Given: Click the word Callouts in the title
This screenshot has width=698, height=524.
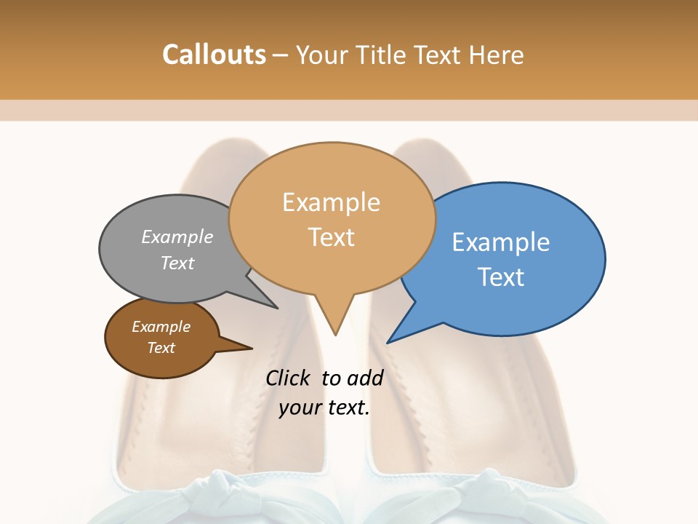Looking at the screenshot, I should click(x=214, y=55).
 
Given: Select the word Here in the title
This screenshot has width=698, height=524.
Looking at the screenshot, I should click(x=497, y=55).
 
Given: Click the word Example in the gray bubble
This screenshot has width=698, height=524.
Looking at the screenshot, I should click(x=177, y=237).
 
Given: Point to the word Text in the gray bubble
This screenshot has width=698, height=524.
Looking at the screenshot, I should click(x=177, y=263).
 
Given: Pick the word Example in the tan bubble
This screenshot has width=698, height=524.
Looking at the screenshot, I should click(x=331, y=202).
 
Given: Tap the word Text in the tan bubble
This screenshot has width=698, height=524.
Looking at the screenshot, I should click(x=331, y=237).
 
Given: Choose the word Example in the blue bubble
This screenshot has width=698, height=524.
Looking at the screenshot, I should click(x=501, y=242).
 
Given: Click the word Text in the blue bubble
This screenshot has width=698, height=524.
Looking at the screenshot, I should click(x=501, y=277).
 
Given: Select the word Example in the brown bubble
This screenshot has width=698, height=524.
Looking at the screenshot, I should click(x=161, y=327).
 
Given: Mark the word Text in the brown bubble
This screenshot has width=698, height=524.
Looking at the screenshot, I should click(x=161, y=348).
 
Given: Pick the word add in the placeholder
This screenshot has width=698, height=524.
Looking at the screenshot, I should click(x=366, y=378).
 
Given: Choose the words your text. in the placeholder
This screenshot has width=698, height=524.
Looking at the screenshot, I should click(x=324, y=408).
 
